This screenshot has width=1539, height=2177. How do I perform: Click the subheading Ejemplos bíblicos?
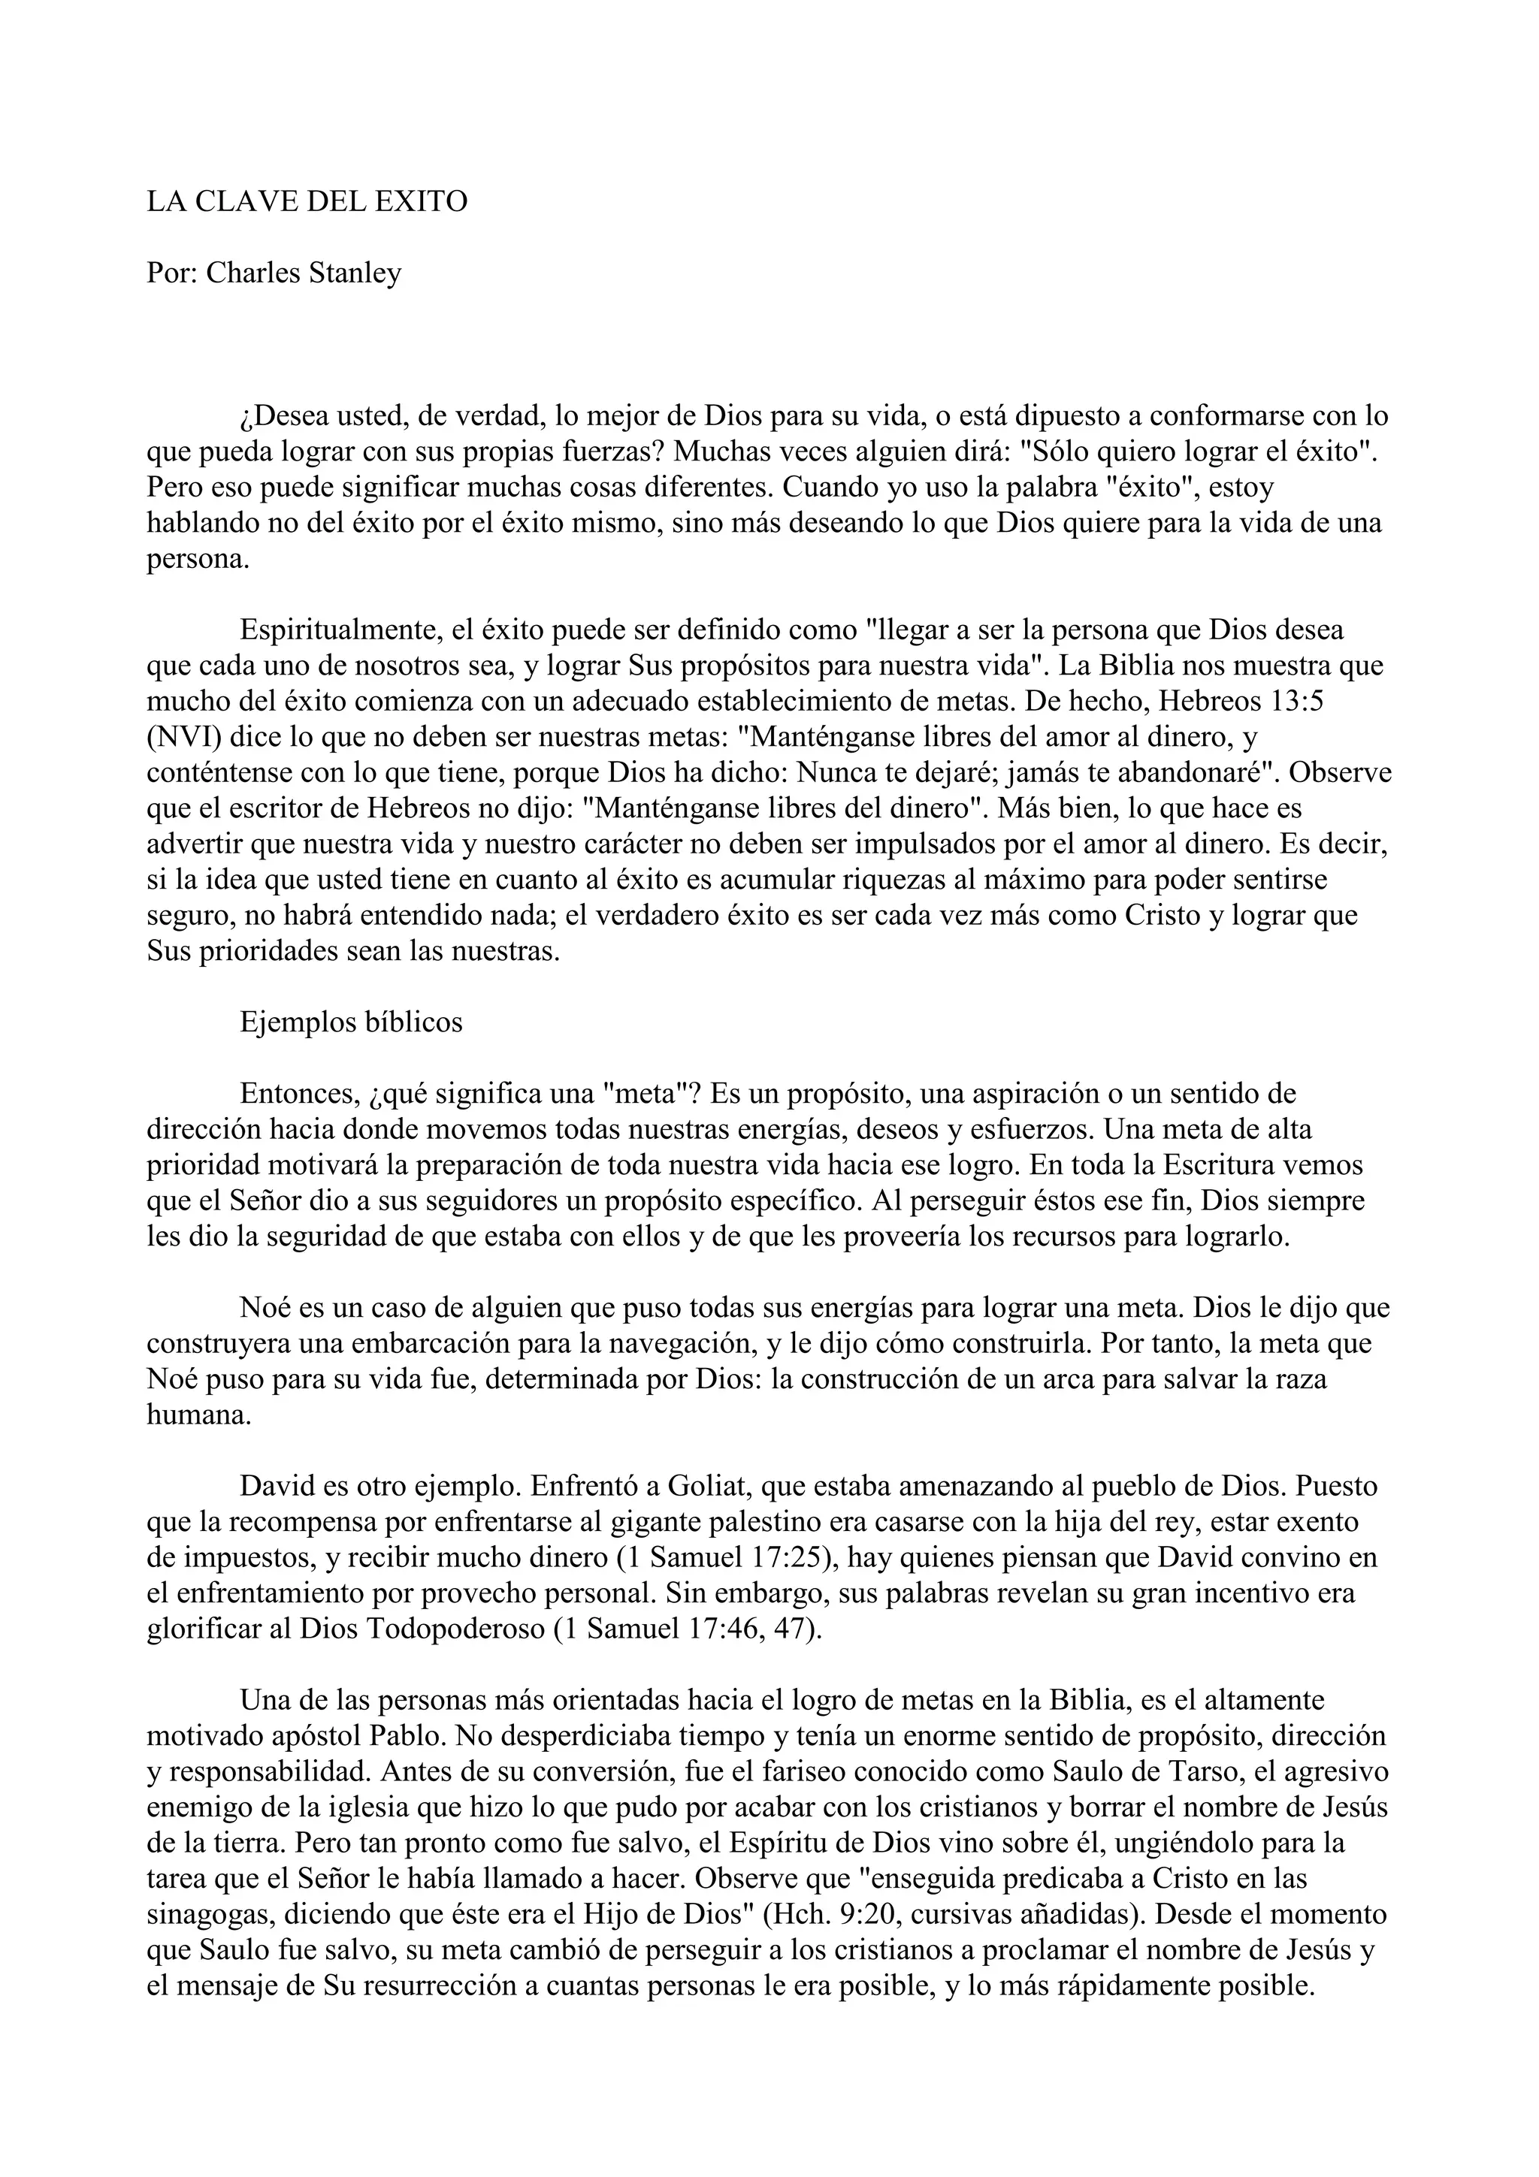click(x=351, y=1022)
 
